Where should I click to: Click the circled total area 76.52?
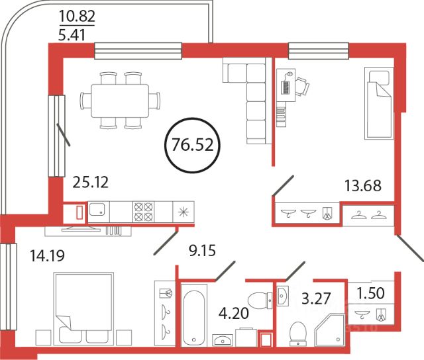(x=193, y=145)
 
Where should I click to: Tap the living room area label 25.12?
(x=91, y=182)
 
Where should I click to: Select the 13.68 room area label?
(x=363, y=185)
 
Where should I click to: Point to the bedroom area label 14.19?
(x=47, y=255)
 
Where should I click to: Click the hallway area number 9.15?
(x=202, y=251)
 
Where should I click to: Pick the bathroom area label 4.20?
(x=234, y=313)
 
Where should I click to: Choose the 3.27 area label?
(x=316, y=298)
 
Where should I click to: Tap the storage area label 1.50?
(x=371, y=292)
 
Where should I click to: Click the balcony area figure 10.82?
(x=77, y=16)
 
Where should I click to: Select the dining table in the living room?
(x=120, y=101)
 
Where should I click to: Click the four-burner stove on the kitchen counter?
(x=143, y=212)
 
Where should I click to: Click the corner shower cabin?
(x=330, y=330)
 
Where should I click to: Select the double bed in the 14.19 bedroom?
(x=83, y=308)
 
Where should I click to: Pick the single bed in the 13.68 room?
(x=379, y=103)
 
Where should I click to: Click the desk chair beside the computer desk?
(x=302, y=86)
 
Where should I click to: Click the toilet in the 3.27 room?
(x=297, y=334)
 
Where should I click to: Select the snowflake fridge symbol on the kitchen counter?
(x=184, y=212)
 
